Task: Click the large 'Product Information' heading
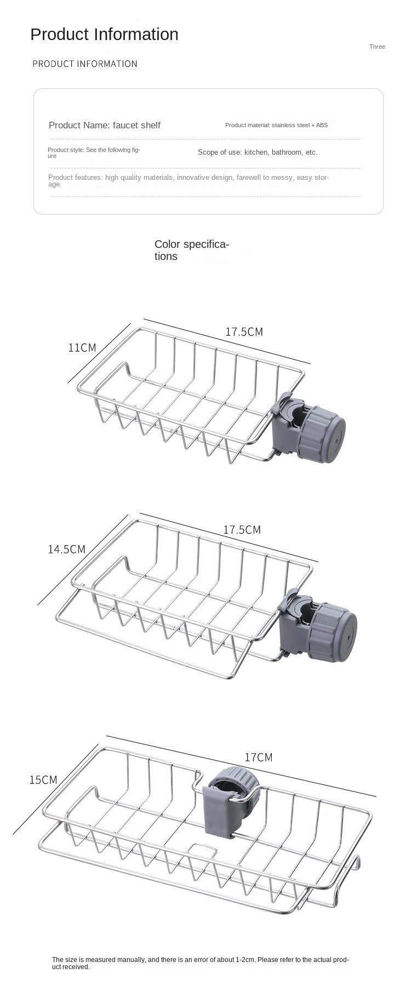click(x=104, y=35)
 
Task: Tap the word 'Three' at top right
click(x=377, y=47)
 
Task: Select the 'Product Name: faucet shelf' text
click(x=105, y=125)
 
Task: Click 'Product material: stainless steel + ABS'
click(x=276, y=125)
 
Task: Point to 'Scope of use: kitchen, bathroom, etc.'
click(x=258, y=152)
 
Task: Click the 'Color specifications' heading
click(x=192, y=250)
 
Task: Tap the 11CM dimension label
click(x=82, y=348)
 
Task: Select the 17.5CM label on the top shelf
click(x=244, y=332)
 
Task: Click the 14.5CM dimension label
click(x=66, y=549)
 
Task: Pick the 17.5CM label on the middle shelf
click(x=242, y=530)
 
